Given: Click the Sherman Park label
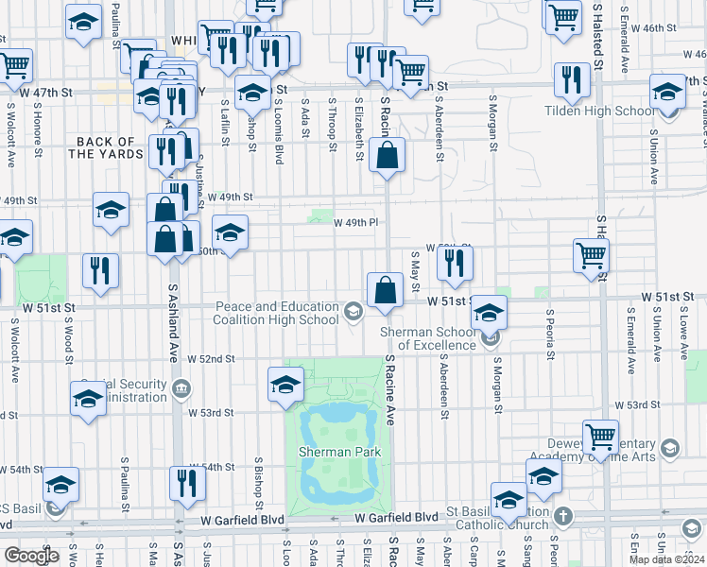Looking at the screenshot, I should pyautogui.click(x=339, y=453).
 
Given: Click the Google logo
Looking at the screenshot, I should pyautogui.click(x=30, y=556).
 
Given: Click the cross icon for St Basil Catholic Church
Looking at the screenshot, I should pyautogui.click(x=564, y=516).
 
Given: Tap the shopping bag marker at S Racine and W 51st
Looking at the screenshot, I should pyautogui.click(x=385, y=293).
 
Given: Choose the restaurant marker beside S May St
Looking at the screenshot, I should pyautogui.click(x=456, y=266).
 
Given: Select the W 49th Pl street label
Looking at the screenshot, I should pyautogui.click(x=356, y=223).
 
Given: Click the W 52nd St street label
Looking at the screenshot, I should pyautogui.click(x=210, y=359).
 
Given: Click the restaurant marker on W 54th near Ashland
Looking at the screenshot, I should pyautogui.click(x=187, y=484).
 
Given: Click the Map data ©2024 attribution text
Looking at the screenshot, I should pyautogui.click(x=666, y=559).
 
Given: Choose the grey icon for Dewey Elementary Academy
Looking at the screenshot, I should pyautogui.click(x=669, y=447).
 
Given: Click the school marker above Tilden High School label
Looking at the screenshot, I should pyautogui.click(x=667, y=95).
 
